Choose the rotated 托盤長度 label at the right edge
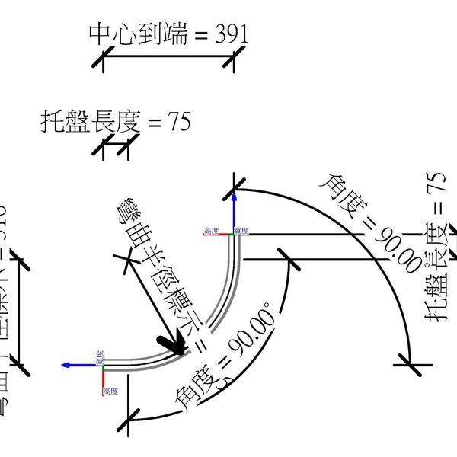[435, 248]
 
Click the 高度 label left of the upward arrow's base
[211, 229]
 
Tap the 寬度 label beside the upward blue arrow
[242, 229]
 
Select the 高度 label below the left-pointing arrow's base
[111, 391]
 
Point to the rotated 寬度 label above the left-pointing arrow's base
[99, 356]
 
